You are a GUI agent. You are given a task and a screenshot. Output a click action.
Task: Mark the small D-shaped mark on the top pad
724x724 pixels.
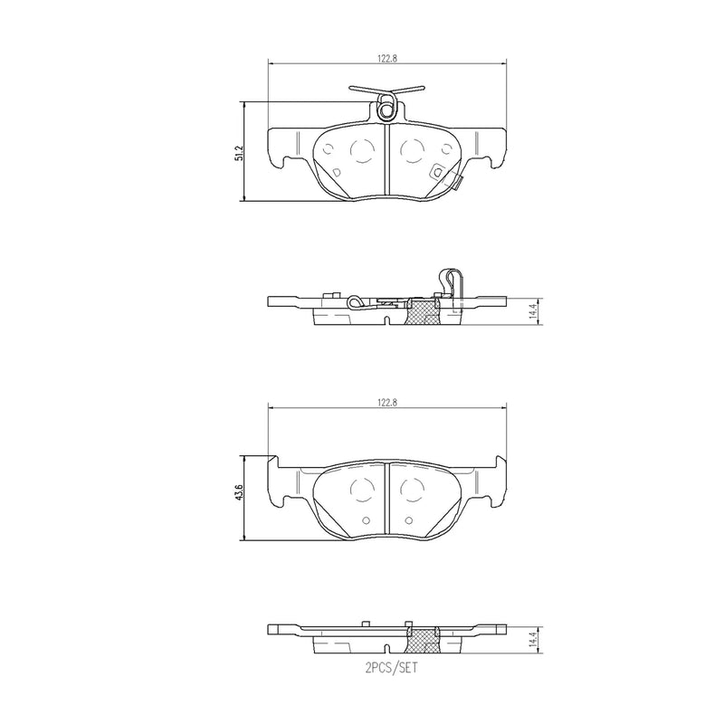coord(336,171)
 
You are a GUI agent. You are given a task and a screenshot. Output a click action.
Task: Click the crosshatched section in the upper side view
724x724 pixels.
coord(424,312)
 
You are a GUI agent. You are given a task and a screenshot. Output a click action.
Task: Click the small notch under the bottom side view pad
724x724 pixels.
coord(387,650)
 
